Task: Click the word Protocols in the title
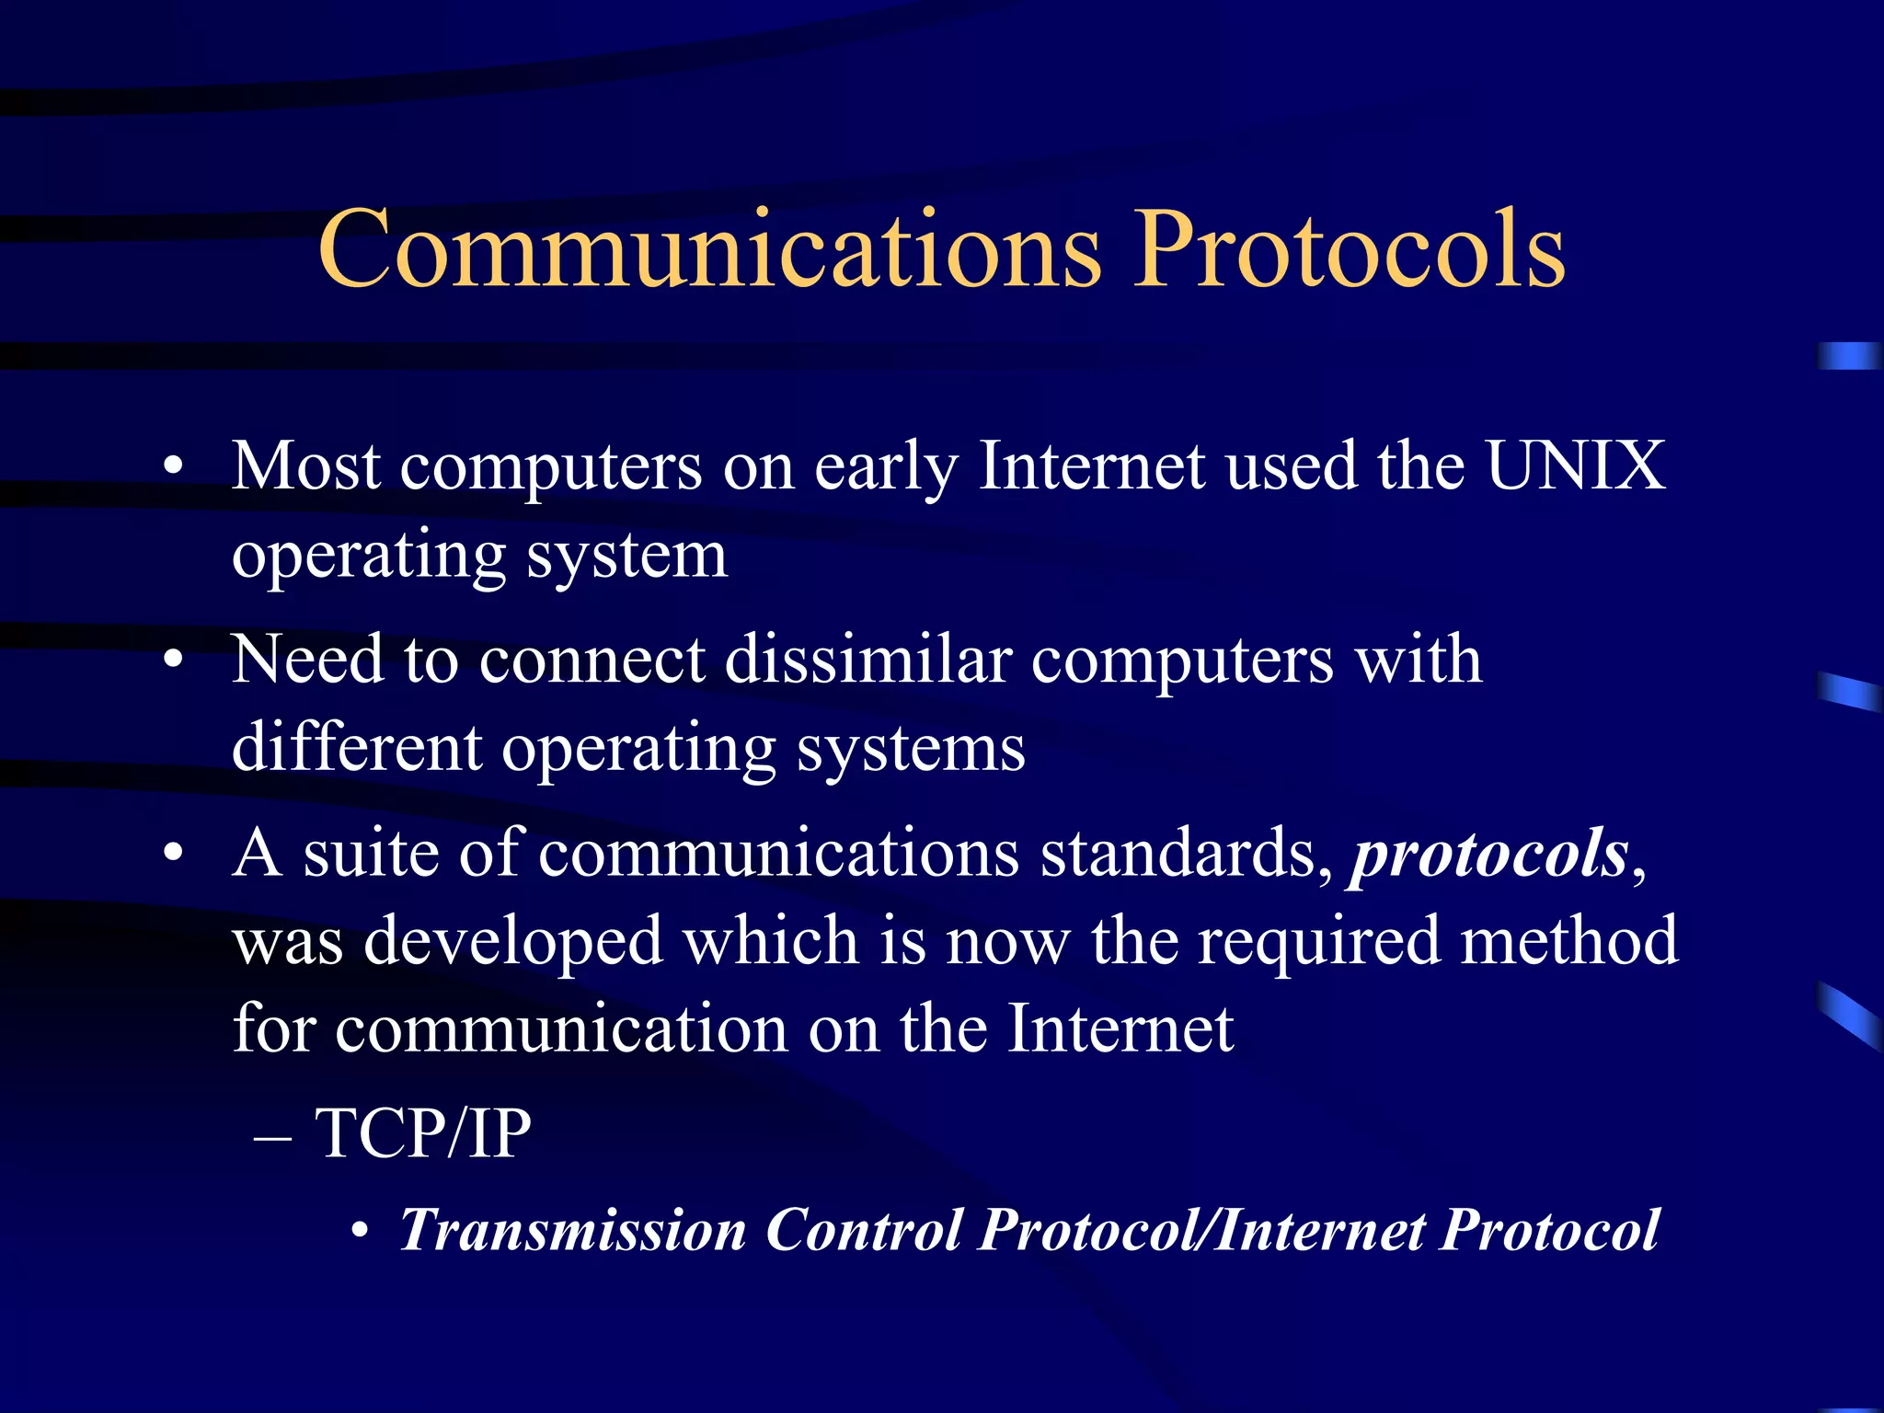[1349, 250]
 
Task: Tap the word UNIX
[1575, 465]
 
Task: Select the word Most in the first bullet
[305, 465]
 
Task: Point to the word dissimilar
[868, 660]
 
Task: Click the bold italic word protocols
[1488, 854]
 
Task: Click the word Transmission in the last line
[572, 1230]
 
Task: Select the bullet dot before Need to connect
[173, 661]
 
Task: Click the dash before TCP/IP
[273, 1136]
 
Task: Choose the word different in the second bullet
[357, 747]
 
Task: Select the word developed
[513, 941]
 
